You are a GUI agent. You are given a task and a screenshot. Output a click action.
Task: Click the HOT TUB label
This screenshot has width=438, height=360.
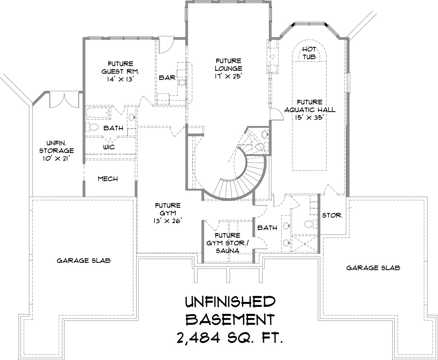click(x=309, y=53)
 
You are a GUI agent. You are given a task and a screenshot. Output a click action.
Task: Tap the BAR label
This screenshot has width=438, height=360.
click(x=167, y=78)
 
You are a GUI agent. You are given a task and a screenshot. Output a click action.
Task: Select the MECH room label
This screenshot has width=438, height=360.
click(x=108, y=179)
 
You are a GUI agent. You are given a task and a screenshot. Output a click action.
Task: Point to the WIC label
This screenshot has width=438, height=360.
click(x=109, y=147)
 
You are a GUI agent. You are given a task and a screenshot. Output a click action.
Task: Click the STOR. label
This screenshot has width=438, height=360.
click(x=332, y=215)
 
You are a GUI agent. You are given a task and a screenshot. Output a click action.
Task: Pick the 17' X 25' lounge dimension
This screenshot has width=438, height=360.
click(x=228, y=76)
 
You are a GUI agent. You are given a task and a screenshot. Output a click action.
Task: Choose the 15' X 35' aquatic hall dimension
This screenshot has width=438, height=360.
click(x=310, y=118)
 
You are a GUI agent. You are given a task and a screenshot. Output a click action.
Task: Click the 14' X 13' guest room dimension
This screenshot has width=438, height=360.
click(x=120, y=79)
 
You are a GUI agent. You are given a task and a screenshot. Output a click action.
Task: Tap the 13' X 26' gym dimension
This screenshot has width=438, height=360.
click(x=168, y=221)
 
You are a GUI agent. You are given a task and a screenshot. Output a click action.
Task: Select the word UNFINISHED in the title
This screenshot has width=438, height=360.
click(x=230, y=302)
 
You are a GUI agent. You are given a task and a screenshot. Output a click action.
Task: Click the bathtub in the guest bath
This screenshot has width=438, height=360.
click(x=97, y=113)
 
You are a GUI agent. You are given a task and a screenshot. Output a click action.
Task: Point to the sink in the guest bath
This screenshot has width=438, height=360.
click(x=132, y=118)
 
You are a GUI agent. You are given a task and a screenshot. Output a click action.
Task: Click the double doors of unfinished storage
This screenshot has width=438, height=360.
click(x=64, y=100)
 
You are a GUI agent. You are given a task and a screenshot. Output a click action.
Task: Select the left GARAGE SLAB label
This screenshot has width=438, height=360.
click(x=84, y=260)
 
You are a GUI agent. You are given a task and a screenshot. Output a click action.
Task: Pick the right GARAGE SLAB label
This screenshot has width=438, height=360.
click(x=373, y=268)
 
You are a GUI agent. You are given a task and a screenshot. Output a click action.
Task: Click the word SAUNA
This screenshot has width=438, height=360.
click(x=228, y=251)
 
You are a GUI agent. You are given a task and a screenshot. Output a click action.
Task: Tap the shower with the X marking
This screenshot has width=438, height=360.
click(x=305, y=244)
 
